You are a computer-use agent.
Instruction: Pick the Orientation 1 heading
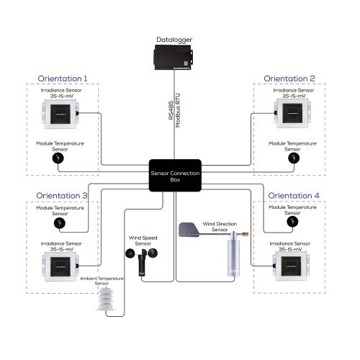pyautogui.click(x=63, y=78)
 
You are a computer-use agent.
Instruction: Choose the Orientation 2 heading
pyautogui.click(x=289, y=78)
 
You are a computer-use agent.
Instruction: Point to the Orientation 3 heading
pyautogui.click(x=63, y=195)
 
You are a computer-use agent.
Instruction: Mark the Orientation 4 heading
pyautogui.click(x=292, y=195)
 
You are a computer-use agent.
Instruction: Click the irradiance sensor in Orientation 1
pyautogui.click(x=61, y=114)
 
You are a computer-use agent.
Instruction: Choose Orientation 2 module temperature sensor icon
pyautogui.click(x=292, y=158)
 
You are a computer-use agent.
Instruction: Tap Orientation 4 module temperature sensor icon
pyautogui.click(x=292, y=222)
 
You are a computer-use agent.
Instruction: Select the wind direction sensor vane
pyautogui.click(x=189, y=230)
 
